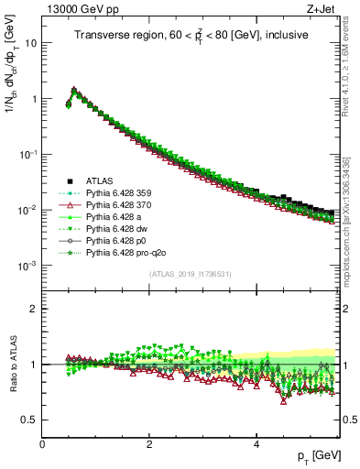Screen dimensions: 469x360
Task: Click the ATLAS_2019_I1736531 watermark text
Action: (x=190, y=274)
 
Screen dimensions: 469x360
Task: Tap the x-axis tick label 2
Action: (x=149, y=443)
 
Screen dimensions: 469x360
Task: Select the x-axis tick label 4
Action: (x=256, y=443)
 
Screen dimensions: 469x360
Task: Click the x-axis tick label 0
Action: (x=43, y=443)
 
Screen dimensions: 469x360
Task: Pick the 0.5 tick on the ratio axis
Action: (x=30, y=420)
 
